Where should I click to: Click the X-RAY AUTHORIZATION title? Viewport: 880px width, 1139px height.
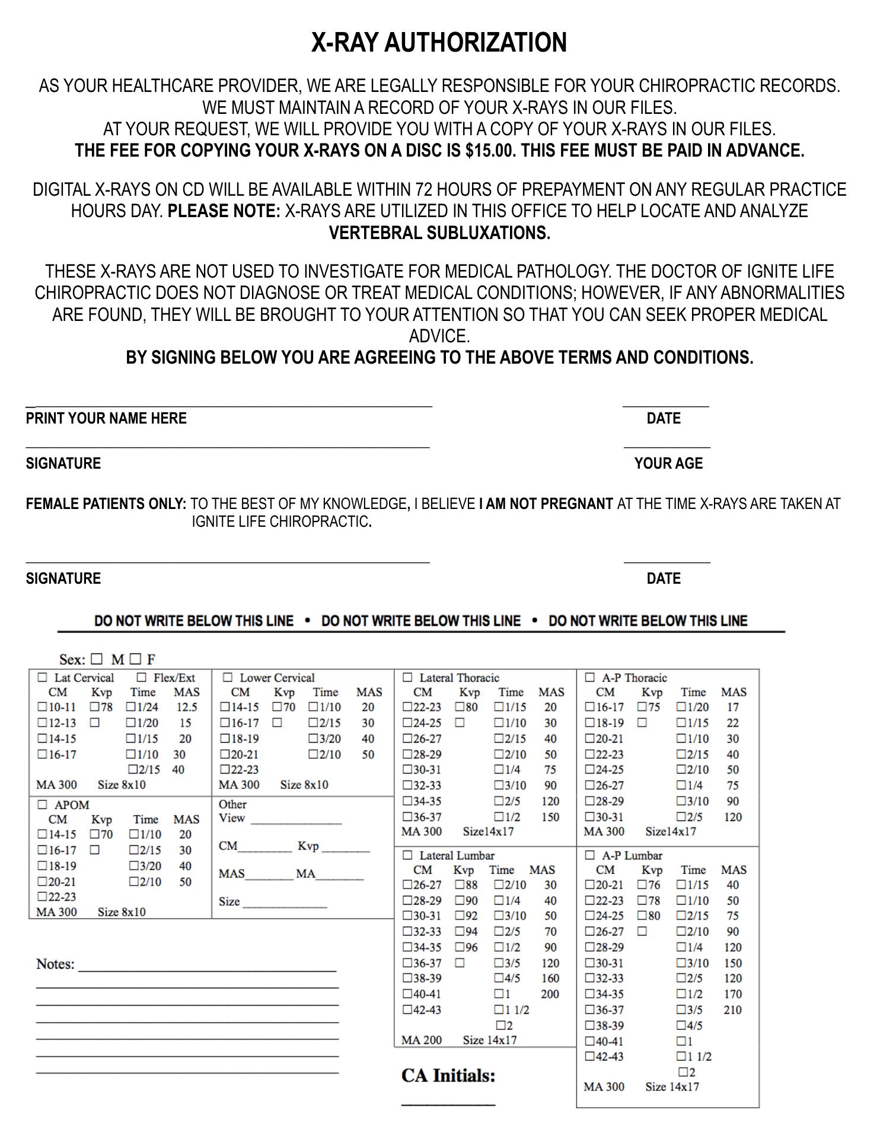click(439, 43)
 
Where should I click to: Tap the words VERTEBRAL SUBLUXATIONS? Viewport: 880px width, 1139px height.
click(439, 233)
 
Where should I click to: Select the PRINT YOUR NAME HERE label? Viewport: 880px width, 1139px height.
click(106, 418)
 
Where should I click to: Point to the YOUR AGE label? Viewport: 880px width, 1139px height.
click(668, 463)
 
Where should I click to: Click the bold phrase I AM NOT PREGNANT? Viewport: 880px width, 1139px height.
click(546, 504)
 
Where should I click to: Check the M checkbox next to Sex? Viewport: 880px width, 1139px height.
click(97, 658)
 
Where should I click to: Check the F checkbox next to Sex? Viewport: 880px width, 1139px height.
click(135, 658)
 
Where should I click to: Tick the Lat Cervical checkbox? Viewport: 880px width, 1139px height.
click(43, 677)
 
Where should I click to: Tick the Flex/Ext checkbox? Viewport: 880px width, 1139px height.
click(142, 677)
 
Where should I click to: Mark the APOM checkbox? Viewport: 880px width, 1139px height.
click(43, 804)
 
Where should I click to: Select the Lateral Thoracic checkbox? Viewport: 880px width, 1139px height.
click(407, 677)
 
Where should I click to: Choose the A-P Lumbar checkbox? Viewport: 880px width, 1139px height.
click(590, 855)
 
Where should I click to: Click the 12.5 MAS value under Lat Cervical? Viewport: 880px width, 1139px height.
click(187, 707)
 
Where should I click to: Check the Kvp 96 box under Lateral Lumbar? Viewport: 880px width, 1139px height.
click(460, 947)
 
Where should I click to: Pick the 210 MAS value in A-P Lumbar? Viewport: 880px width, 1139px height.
click(732, 1010)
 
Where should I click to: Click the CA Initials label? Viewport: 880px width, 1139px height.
click(448, 1076)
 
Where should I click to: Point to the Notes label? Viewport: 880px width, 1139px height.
click(56, 964)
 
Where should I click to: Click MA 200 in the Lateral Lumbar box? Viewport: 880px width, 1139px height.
click(421, 1040)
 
